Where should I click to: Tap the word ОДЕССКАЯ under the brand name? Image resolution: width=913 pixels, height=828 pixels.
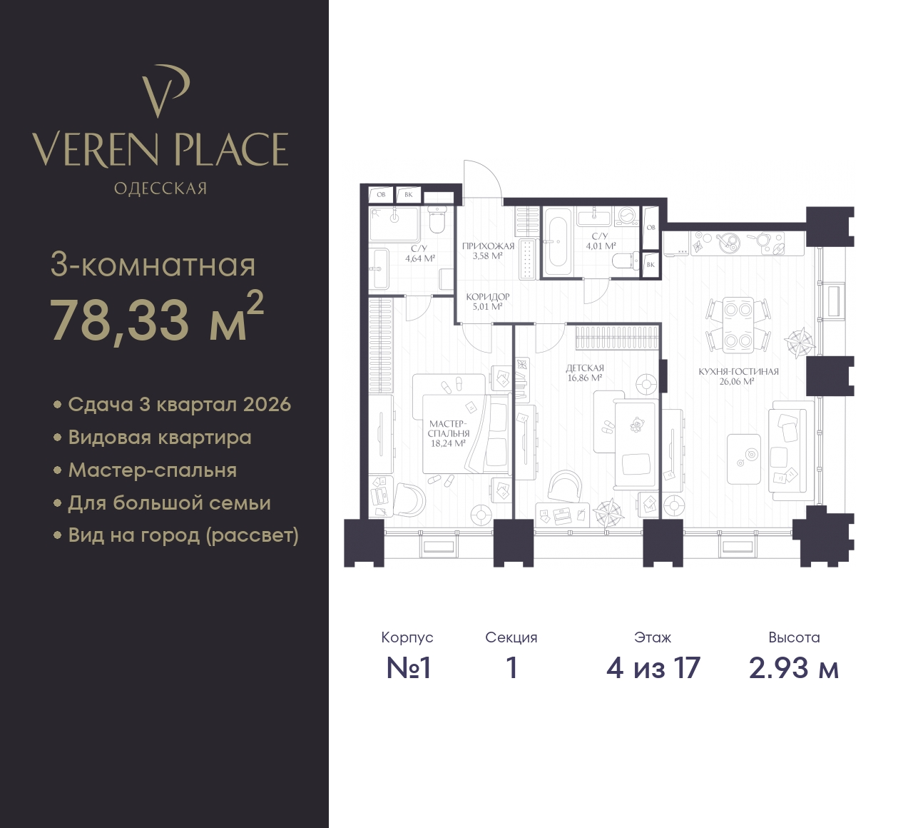point(160,188)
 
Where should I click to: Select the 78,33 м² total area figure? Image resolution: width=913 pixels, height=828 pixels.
point(157,318)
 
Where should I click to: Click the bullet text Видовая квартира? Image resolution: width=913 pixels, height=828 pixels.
point(160,438)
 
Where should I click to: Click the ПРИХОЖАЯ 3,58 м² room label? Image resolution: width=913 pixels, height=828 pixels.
point(488,251)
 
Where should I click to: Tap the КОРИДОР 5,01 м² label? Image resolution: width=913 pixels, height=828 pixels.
point(487,301)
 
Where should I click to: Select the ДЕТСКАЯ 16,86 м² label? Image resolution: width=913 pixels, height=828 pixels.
point(585,373)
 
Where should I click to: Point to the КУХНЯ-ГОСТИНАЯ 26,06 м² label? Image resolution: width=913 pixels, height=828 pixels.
point(738,376)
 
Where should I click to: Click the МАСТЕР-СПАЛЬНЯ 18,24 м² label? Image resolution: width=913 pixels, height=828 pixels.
point(449,433)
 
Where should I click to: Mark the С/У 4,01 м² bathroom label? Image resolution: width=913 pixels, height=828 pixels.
point(601,241)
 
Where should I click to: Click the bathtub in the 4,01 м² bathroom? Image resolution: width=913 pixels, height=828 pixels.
point(557,241)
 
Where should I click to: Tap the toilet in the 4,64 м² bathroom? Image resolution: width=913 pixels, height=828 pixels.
point(437,221)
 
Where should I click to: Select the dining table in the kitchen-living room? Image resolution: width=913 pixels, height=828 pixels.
point(738,325)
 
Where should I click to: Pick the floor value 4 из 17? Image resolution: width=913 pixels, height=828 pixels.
point(653,668)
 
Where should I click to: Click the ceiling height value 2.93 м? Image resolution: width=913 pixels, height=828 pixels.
point(794,668)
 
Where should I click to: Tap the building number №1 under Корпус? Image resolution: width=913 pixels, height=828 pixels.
point(408,668)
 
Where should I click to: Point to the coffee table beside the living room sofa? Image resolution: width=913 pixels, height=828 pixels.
point(744,459)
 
